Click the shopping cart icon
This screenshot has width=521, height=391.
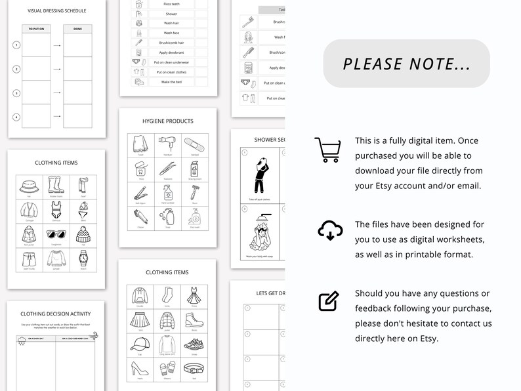327,150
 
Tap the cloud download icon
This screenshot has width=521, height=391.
329,230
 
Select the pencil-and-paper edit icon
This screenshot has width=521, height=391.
328,300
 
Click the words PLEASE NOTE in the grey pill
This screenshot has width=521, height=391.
406,64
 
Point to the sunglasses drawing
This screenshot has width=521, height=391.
55,235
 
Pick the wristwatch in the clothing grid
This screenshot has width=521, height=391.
83,257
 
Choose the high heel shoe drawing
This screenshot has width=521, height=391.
140,368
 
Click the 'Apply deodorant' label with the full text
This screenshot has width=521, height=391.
171,52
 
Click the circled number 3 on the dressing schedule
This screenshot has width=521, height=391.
17,93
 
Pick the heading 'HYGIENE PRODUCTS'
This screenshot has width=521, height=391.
168,121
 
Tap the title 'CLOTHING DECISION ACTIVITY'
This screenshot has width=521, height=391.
56,314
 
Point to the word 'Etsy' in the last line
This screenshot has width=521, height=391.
427,339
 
